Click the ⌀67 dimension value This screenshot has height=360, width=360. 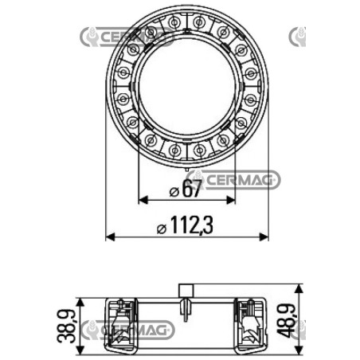[x=186, y=189]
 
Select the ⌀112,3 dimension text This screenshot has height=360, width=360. [x=185, y=225]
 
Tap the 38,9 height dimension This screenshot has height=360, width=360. [x=66, y=327]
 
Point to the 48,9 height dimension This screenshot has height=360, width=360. [x=286, y=321]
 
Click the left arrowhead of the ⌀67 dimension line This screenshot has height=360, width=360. [x=143, y=200]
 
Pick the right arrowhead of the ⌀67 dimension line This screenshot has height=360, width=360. [x=231, y=200]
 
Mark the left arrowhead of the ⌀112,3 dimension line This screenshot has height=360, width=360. [x=110, y=237]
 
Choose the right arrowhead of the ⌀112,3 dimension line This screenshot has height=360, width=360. [x=264, y=237]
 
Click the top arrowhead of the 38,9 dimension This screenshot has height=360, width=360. [x=80, y=303]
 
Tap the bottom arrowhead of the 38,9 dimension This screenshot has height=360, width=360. [x=80, y=350]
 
